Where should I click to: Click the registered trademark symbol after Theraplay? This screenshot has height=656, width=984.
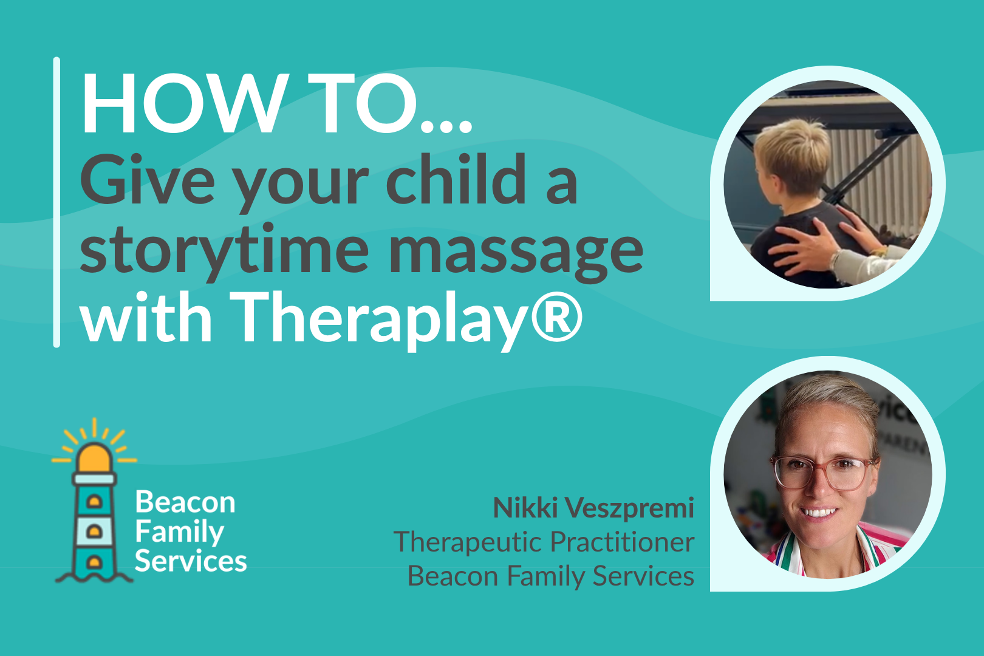557,315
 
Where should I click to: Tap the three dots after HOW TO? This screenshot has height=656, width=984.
446,127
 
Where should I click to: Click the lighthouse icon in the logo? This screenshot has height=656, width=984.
94,501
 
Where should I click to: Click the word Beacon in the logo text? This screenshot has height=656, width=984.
185,502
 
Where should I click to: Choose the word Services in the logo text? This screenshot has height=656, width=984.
191,561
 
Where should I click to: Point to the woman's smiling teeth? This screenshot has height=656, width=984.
818,512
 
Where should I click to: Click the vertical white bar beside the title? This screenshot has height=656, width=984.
56,202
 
